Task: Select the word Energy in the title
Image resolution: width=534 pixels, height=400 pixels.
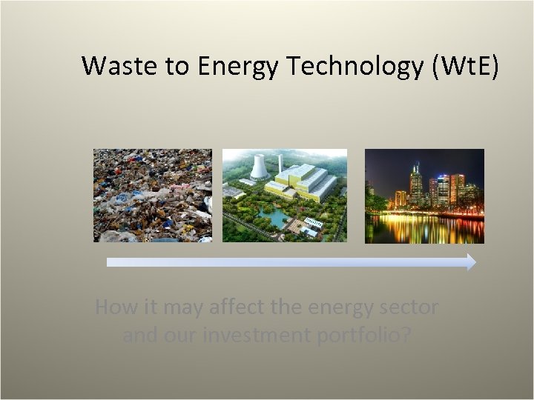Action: coord(238,67)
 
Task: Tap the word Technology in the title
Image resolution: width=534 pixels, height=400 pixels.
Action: coord(355,67)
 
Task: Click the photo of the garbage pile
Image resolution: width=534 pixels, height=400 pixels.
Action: coord(152,196)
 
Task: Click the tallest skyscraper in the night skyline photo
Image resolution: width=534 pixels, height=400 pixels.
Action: coord(416,184)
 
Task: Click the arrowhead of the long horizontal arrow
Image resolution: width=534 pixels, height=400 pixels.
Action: coord(471,261)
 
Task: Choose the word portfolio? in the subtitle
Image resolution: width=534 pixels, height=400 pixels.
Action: coord(364,336)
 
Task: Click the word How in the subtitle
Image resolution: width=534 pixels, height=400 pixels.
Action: coord(115,307)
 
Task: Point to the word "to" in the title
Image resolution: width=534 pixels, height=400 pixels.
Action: coord(177,67)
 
